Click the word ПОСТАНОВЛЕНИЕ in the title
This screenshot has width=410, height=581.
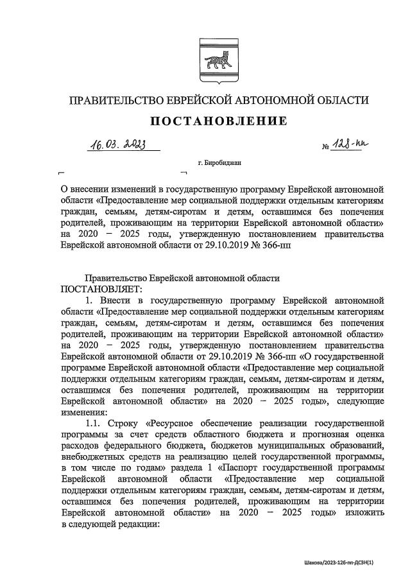point(219,121)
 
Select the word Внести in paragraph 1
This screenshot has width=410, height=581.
point(120,299)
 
